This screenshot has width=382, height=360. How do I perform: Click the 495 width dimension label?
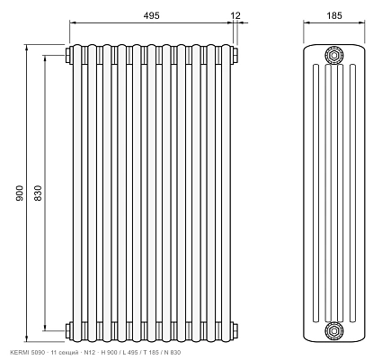pos(151,15)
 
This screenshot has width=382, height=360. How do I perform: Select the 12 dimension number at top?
pos(235,15)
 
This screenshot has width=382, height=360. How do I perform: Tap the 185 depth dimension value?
pos(334,15)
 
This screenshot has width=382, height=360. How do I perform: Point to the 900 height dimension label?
pos(20,193)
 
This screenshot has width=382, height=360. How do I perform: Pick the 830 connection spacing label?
pos(38,193)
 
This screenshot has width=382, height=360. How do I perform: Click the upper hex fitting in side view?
pos(334,55)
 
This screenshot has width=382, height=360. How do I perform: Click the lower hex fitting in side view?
pos(334,331)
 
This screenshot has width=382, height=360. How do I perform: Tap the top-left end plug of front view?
pos(67,55)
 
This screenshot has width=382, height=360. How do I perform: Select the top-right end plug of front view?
pos(235,55)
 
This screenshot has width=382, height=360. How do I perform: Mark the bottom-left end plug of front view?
pos(67,331)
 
